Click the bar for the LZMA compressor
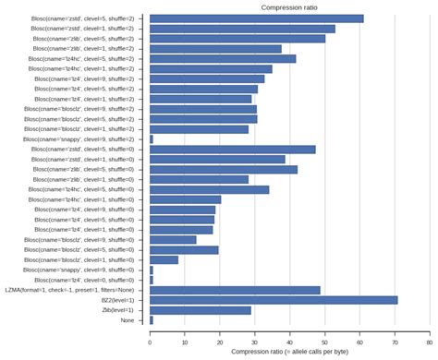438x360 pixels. (235, 290)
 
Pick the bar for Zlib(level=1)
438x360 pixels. (201, 310)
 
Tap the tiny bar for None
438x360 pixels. (152, 320)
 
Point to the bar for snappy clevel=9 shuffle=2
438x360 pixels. (152, 139)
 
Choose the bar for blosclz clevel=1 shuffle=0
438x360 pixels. (164, 259)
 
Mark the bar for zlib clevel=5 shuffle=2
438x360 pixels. (237, 39)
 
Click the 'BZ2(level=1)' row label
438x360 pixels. (114, 300)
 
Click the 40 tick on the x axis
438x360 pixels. (289, 342)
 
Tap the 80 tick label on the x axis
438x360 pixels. (429, 342)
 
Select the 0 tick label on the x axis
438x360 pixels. (150, 342)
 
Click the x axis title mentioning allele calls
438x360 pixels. (289, 353)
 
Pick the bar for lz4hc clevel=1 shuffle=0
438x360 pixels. (185, 199)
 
